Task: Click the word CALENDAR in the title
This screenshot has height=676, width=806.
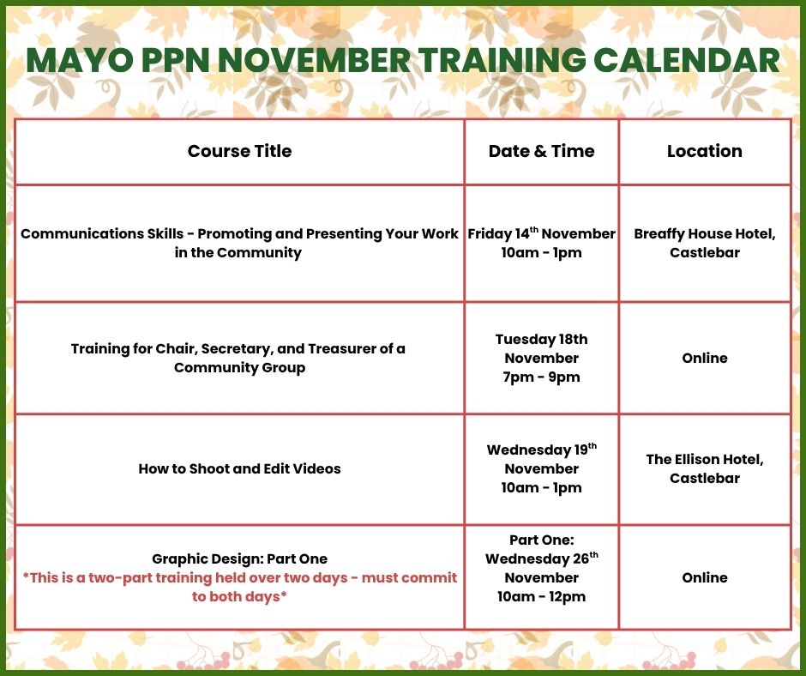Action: (687, 60)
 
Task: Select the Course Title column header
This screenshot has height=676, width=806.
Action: (239, 151)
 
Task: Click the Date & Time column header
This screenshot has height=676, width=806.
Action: (541, 151)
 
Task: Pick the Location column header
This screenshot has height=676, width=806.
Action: (705, 151)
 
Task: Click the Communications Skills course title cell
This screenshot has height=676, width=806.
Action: (239, 243)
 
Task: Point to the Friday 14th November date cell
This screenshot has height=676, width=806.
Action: (541, 243)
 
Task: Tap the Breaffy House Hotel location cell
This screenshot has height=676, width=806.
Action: (705, 243)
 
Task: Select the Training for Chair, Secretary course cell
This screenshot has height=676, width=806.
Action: (238, 358)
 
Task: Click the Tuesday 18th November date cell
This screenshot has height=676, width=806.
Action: (541, 358)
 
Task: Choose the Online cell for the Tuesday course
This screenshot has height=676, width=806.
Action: (705, 358)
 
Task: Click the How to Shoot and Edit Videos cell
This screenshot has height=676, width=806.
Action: (239, 468)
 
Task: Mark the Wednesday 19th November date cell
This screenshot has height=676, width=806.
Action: (541, 468)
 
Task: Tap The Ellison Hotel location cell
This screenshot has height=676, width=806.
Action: (705, 468)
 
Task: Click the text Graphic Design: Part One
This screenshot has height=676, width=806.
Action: (239, 558)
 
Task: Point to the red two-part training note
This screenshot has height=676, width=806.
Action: (239, 587)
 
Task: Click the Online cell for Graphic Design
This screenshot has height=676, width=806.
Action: (705, 577)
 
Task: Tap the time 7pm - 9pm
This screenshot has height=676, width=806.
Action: (541, 377)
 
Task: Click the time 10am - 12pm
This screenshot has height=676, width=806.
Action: (541, 597)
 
